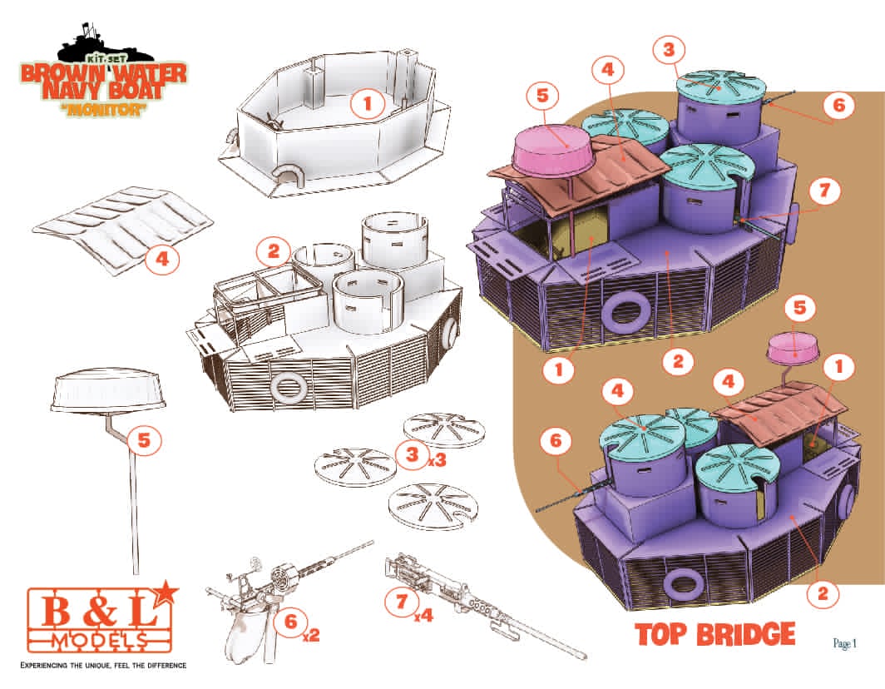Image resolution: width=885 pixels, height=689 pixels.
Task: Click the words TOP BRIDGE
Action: click(715, 633)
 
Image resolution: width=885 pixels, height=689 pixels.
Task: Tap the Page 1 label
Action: click(845, 643)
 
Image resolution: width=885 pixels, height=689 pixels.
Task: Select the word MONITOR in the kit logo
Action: click(103, 109)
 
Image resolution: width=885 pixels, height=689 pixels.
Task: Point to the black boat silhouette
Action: click(105, 44)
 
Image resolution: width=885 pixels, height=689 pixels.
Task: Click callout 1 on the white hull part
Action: click(368, 103)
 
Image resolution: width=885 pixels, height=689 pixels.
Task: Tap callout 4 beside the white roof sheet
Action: click(162, 259)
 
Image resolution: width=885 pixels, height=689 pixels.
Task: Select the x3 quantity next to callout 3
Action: click(437, 459)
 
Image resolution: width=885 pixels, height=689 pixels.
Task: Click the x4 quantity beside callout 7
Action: click(423, 614)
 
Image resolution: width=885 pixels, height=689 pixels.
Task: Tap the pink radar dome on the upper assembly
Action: click(553, 149)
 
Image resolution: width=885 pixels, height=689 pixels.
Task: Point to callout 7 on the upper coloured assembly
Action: click(824, 191)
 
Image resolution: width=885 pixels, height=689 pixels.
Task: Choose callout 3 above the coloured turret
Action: click(669, 50)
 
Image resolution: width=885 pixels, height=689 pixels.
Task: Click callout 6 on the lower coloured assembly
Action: click(556, 440)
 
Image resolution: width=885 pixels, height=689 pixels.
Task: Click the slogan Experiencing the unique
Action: click(103, 665)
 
